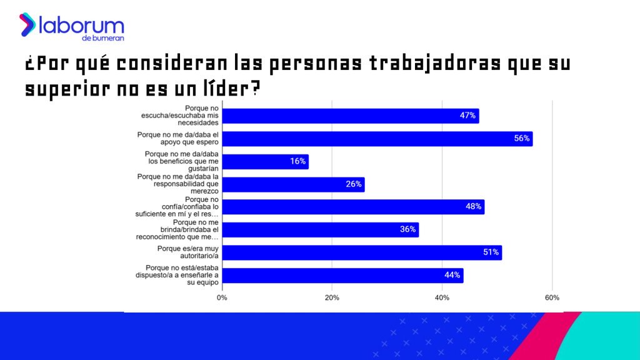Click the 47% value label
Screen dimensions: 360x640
(468, 116)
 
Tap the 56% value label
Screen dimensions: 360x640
(522, 138)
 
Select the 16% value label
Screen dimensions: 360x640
(297, 161)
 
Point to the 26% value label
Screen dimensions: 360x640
(354, 184)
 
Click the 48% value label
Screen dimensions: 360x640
(473, 207)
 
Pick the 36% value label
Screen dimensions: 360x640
(407, 229)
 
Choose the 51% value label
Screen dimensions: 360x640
(491, 252)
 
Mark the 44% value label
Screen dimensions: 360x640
(452, 275)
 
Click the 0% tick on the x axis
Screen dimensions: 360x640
(222, 297)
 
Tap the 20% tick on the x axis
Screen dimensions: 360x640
(332, 297)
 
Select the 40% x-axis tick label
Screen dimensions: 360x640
(442, 297)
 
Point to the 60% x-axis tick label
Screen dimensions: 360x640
(552, 297)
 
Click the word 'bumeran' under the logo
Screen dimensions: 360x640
(109, 39)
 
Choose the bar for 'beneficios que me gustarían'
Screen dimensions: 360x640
(266, 161)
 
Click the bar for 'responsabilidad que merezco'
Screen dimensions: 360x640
(293, 184)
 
